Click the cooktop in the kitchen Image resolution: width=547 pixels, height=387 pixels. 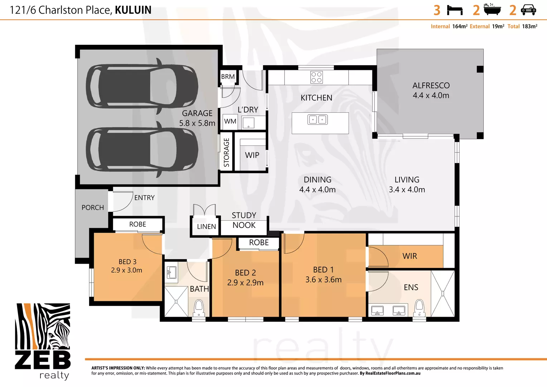[316, 77]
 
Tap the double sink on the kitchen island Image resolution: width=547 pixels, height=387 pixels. [318, 119]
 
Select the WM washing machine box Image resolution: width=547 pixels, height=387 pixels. [230, 121]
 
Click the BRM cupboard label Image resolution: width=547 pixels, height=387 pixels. [228, 77]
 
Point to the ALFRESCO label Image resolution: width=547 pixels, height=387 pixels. [431, 86]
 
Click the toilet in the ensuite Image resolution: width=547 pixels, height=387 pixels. [419, 309]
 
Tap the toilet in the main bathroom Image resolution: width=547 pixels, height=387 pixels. [199, 309]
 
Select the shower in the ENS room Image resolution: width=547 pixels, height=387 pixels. [443, 293]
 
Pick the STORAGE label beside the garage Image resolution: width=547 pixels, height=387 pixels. [226, 152]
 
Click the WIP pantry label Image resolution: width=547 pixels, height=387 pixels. [252, 155]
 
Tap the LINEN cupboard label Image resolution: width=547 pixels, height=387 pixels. [206, 226]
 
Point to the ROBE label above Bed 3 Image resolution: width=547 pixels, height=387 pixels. [137, 224]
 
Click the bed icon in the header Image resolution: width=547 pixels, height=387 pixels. [455, 10]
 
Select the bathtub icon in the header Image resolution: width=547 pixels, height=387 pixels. [492, 10]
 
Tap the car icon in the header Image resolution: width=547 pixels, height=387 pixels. [528, 10]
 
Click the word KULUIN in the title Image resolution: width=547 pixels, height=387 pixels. [133, 10]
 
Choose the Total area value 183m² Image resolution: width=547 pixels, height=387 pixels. [529, 27]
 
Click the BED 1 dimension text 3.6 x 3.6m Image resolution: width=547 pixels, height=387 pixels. [323, 279]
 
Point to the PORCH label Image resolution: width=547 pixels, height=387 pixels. [93, 207]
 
